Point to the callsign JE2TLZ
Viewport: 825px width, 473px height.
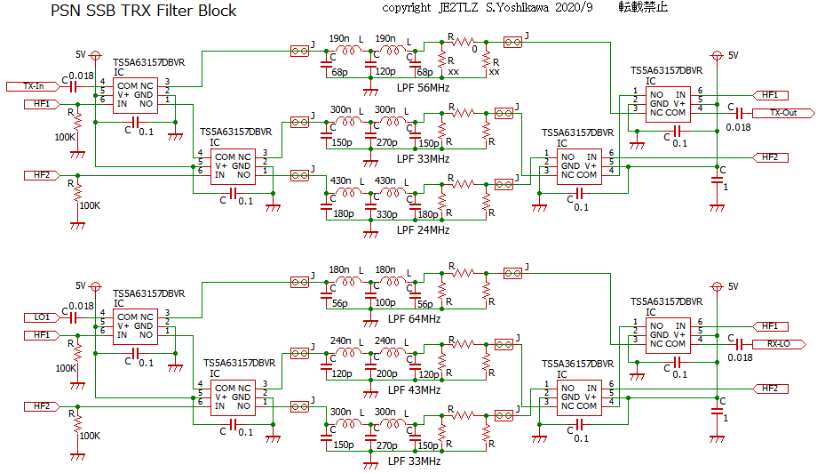(457, 8)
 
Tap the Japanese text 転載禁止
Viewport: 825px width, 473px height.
(644, 8)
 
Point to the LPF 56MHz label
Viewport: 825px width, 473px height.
(423, 88)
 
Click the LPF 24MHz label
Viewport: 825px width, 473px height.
(423, 230)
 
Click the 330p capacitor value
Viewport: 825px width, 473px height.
(386, 214)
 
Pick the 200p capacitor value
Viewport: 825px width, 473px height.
(386, 374)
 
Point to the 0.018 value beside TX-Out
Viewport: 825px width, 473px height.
(739, 127)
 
